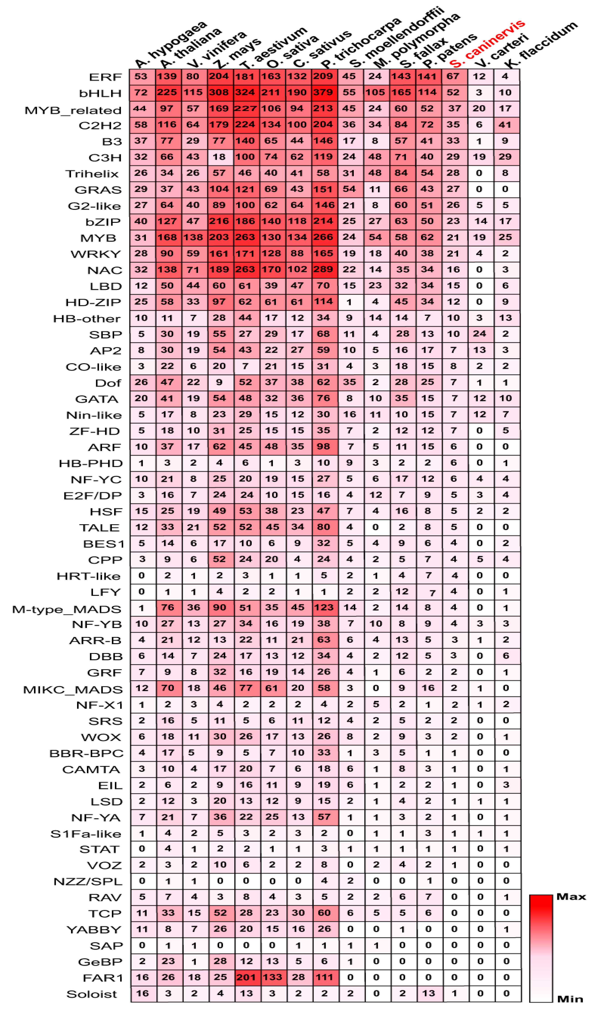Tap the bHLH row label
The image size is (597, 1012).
(x=100, y=93)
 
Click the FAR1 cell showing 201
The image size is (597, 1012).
(x=246, y=977)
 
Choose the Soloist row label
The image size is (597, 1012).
(x=92, y=994)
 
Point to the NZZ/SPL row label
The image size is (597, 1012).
(x=88, y=881)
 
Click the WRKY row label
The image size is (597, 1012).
(x=96, y=254)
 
